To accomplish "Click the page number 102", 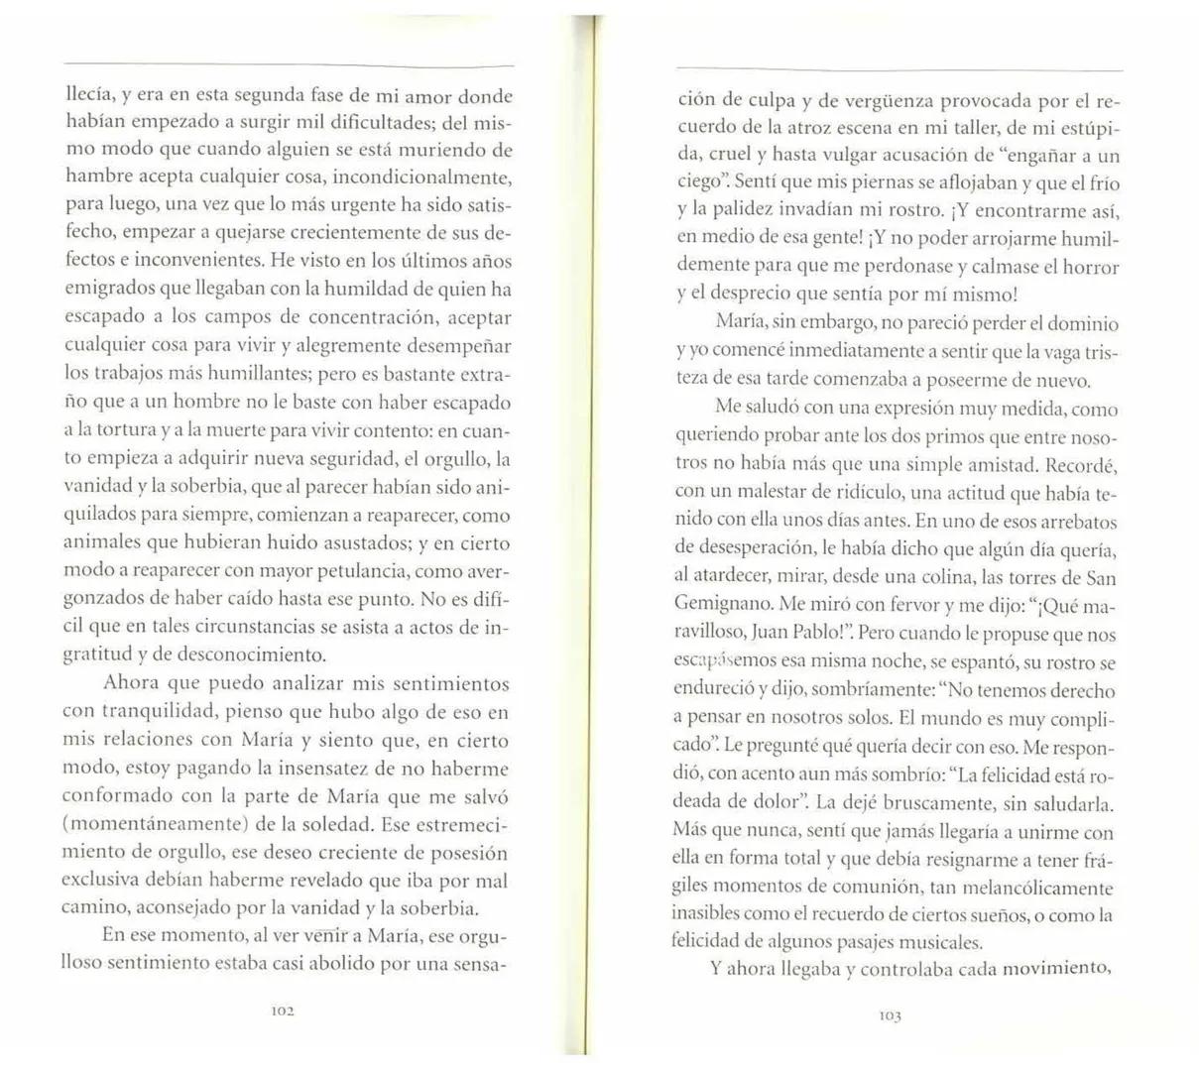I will (x=284, y=1011).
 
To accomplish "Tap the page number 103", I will (x=889, y=1015).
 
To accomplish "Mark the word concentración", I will (x=365, y=317).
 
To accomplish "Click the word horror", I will (x=1090, y=267).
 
